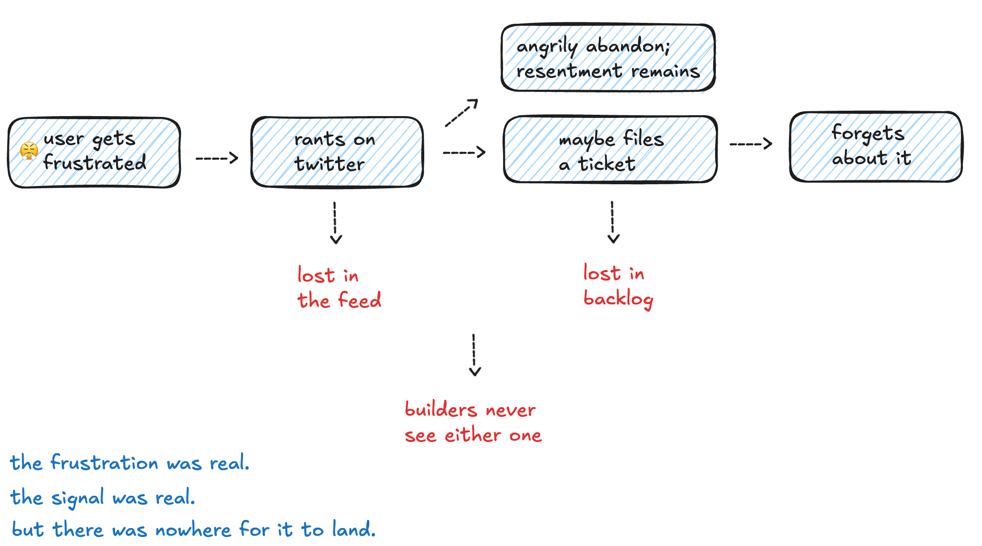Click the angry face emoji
tap(29, 151)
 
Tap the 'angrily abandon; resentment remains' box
tap(608, 58)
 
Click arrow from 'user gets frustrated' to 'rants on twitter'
tap(217, 158)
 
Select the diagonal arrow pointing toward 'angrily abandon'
tap(461, 113)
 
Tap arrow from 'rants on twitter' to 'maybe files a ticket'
tap(464, 152)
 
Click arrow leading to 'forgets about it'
tap(751, 143)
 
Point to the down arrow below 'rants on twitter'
tap(335, 223)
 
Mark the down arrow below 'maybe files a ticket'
tap(613, 222)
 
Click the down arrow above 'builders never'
tap(474, 355)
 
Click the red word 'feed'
tap(360, 300)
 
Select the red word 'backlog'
tap(618, 299)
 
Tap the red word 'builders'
tap(441, 409)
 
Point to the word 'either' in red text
tap(473, 435)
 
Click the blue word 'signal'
tap(78, 498)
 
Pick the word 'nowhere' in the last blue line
tap(193, 530)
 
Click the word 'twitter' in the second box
tap(329, 164)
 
